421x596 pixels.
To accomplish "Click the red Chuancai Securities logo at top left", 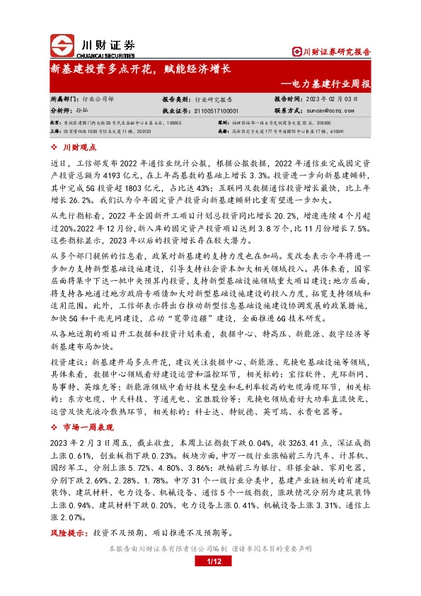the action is pos(62,44).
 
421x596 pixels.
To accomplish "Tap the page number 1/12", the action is pos(211,561).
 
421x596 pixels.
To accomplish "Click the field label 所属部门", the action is pos(63,100).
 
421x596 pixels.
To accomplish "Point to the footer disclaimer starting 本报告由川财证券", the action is pos(211,548).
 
